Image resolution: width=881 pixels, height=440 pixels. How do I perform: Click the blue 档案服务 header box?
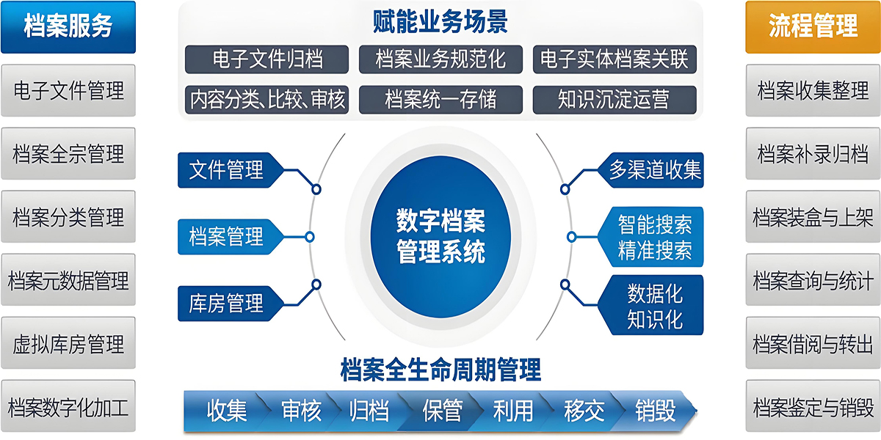click(68, 26)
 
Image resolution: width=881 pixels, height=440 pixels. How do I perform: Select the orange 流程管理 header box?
click(813, 26)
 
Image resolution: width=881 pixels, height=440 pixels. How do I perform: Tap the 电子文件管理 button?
click(68, 90)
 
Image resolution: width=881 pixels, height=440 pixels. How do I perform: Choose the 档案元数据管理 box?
click(68, 279)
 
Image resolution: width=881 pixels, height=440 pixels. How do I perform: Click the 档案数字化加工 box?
click(68, 406)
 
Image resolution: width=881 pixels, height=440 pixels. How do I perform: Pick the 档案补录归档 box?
click(813, 153)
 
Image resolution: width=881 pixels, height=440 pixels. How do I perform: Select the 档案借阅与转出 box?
click(813, 343)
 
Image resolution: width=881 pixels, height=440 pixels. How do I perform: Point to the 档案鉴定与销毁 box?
click(813, 406)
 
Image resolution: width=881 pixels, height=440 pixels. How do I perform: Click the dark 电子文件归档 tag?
click(267, 59)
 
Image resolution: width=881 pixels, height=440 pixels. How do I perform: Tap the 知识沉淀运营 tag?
click(614, 100)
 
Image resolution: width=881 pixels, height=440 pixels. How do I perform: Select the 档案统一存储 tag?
click(440, 100)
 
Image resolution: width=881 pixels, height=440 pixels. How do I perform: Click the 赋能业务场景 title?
click(440, 21)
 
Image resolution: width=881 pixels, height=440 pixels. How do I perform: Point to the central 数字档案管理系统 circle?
click(440, 237)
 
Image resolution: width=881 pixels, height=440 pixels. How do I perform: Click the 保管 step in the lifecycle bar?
click(442, 411)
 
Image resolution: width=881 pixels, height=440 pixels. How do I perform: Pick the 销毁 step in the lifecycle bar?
click(655, 411)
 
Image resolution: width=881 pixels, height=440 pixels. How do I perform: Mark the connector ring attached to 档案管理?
click(310, 237)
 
